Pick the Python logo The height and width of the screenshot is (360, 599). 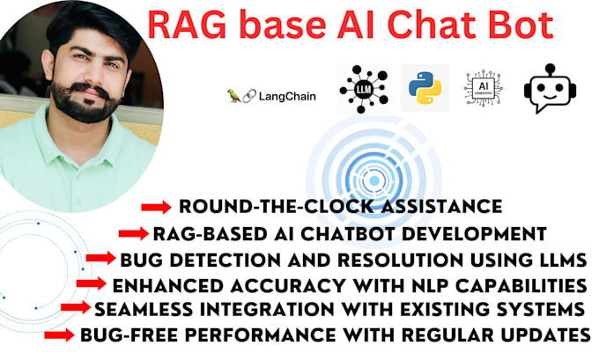coord(425,88)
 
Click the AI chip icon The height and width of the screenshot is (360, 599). coord(483,88)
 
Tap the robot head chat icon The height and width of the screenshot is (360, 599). coord(549,88)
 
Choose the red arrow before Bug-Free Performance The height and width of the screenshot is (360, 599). coord(59,334)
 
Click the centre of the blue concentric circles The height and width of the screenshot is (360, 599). coord(373,181)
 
